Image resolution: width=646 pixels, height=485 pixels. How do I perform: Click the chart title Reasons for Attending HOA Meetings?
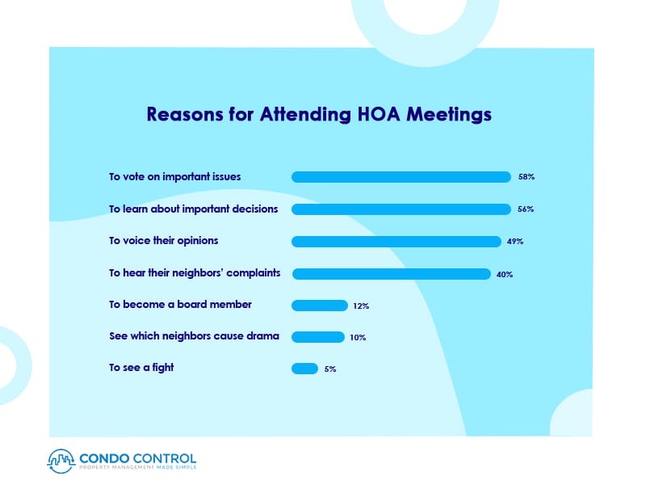pos(319,114)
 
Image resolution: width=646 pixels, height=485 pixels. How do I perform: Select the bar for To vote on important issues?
pos(401,177)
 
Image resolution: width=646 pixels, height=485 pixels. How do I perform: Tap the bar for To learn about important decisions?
pos(401,209)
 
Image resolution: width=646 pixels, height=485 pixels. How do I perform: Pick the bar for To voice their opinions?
pos(396,242)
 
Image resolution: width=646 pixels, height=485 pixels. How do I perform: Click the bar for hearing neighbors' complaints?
pos(391,274)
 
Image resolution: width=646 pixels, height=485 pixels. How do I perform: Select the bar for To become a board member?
pos(319,306)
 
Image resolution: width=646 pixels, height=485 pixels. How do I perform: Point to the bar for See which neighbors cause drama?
pos(317,337)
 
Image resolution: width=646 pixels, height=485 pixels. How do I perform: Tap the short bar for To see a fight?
pos(304,369)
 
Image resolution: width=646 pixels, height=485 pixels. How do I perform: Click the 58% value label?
pos(526,177)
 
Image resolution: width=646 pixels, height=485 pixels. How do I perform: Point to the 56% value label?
pos(526,209)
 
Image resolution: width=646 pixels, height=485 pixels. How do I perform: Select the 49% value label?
pos(515,242)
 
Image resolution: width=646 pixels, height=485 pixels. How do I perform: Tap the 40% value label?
pos(505,274)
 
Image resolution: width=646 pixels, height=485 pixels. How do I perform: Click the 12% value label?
pos(361,306)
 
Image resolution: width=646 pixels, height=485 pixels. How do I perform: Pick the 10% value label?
pos(358,337)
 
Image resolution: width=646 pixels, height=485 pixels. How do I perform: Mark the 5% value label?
pos(330,369)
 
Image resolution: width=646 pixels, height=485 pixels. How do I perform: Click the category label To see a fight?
pos(141,368)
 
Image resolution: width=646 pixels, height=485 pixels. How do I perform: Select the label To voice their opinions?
pos(164,241)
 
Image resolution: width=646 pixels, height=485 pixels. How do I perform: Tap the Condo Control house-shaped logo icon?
pos(62,459)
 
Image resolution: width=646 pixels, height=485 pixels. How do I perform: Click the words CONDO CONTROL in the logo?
pos(137,456)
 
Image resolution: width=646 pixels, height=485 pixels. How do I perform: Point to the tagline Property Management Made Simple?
pos(137,467)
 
